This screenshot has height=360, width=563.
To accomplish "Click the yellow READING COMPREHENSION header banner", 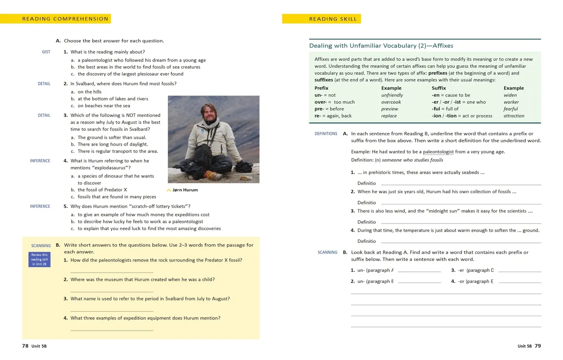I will tap(56, 19).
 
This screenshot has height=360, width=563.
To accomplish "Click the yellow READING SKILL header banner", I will tap(322, 19).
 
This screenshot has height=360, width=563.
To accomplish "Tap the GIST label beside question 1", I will tap(46, 52).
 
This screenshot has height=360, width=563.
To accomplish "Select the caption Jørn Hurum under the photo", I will tap(185, 190).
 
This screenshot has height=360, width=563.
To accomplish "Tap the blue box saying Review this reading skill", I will tap(39, 259).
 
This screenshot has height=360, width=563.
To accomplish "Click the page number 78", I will tap(25, 346).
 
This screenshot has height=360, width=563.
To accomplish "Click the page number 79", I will tap(537, 346).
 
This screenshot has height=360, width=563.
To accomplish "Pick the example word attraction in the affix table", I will tap(514, 116).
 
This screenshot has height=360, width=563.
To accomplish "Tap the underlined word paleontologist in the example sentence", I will tap(438, 152).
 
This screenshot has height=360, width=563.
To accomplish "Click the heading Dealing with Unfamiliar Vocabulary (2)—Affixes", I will tap(381, 46).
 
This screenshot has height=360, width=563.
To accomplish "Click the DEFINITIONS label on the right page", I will tap(326, 134).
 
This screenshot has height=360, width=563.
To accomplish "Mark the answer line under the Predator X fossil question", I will tap(112, 271).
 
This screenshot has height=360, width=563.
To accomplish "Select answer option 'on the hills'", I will tap(89, 92).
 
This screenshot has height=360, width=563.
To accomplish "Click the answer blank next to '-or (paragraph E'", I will tap(520, 282).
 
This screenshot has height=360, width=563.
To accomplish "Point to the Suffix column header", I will tap(439, 88).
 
